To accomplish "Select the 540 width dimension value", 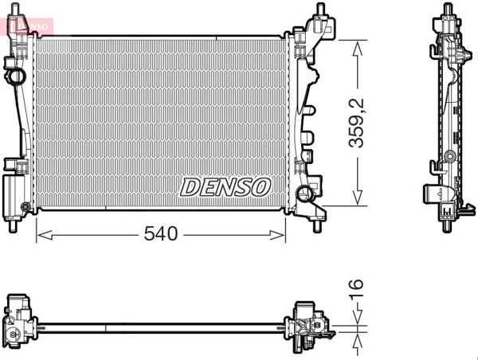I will tap(160, 234).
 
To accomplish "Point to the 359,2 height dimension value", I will tap(358, 121).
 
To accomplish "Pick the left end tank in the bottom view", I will tap(19, 323).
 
